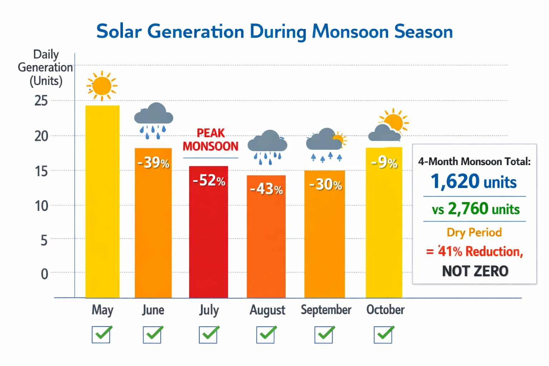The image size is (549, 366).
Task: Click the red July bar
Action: point(208,236)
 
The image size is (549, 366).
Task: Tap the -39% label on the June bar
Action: point(153,163)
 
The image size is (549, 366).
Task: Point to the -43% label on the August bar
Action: point(266,189)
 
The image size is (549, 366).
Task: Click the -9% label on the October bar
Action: point(384,163)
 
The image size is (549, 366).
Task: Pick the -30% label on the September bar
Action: point(325,184)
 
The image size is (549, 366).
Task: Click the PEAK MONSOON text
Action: point(211,140)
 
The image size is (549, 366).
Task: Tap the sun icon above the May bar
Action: point(102,86)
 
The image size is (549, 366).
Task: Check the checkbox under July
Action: point(208,335)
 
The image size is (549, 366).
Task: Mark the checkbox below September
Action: point(324,335)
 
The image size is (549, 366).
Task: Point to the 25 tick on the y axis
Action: point(41,101)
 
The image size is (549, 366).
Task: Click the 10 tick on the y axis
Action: point(41,206)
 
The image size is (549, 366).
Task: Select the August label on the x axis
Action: point(267,310)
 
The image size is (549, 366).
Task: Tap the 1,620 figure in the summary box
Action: point(455,181)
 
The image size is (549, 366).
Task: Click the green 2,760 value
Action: point(468,208)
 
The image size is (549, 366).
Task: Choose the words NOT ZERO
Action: point(475,271)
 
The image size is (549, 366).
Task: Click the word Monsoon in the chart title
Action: point(350,31)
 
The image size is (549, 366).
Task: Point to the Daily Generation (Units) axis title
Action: point(45,68)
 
